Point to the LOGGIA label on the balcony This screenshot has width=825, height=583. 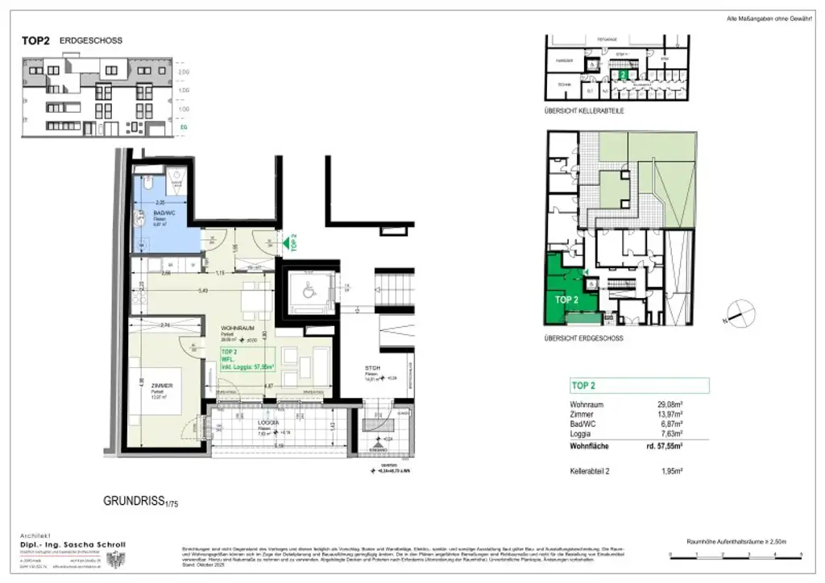point(268,423)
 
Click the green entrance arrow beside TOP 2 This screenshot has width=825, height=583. point(285,241)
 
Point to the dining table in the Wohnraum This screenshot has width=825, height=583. point(253,300)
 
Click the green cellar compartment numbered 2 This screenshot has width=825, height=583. point(623,74)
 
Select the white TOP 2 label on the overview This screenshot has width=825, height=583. point(567,300)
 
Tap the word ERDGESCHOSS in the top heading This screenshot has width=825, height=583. point(91,40)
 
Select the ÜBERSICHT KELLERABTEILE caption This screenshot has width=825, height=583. point(584,110)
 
